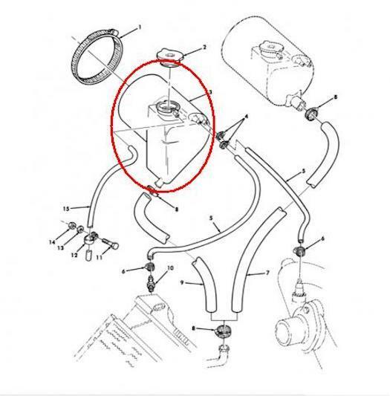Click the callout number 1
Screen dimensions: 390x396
140,27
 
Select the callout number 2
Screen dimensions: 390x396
204,48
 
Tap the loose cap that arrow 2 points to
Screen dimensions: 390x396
169,56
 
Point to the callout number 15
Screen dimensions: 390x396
66,209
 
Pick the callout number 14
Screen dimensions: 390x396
52,242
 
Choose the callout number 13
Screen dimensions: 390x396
60,248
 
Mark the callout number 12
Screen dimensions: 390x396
74,256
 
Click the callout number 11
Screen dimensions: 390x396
100,257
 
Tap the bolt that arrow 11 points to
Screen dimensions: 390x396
111,243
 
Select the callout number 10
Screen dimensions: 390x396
170,267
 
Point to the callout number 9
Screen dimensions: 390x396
182,282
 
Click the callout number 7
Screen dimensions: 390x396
267,273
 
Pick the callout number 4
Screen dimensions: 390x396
247,117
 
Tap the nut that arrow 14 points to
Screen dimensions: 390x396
71,224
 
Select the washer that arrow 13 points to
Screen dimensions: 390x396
80,229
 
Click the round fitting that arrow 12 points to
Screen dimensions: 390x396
89,239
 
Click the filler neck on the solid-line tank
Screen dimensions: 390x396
166,108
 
